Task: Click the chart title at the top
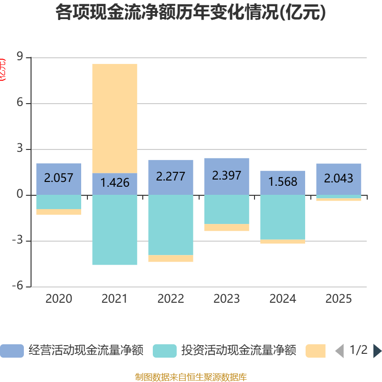click(x=191, y=13)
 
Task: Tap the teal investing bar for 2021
click(x=115, y=230)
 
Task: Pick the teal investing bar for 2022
click(x=170, y=225)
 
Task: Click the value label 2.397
click(x=226, y=175)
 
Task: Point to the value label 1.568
click(x=283, y=182)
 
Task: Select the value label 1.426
click(x=115, y=182)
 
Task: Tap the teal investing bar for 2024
click(x=283, y=217)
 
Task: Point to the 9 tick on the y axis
click(x=20, y=57)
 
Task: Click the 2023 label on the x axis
click(x=226, y=299)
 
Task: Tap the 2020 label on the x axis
click(x=59, y=299)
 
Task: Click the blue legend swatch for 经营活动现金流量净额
click(x=12, y=351)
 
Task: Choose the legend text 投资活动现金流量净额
click(x=239, y=351)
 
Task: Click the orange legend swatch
click(x=316, y=351)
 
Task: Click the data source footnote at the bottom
click(x=191, y=377)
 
